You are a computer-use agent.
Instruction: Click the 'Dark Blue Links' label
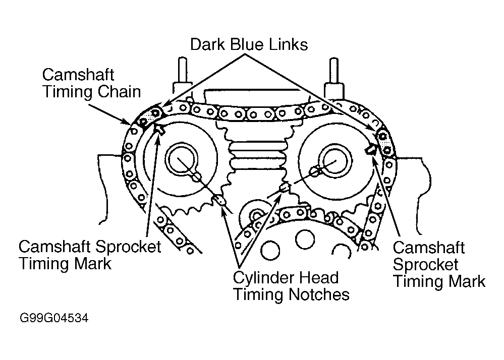249,44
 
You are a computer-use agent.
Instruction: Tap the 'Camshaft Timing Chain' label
92,83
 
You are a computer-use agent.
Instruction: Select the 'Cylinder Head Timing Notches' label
291,286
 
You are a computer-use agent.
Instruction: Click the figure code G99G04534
53,318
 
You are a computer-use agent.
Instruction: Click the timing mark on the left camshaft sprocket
160,129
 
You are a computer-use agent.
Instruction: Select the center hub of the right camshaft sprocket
333,158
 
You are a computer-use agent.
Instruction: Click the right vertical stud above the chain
334,71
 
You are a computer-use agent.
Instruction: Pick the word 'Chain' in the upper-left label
120,92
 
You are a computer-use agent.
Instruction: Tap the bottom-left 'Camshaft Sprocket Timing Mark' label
90,255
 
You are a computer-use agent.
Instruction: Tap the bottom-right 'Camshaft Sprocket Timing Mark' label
439,265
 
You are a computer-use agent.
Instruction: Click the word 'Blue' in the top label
247,44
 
